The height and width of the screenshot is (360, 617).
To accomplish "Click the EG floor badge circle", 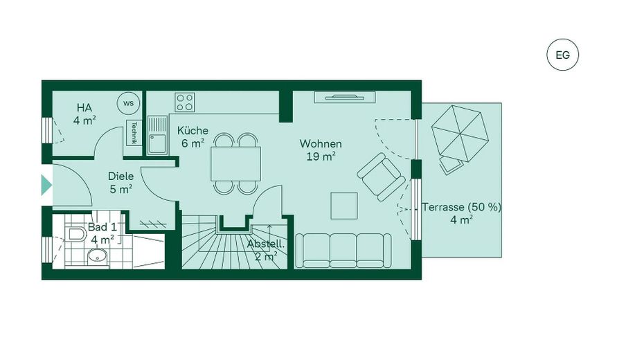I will pyautogui.click(x=562, y=55).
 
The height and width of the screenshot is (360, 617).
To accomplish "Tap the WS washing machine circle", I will pyautogui.click(x=128, y=103).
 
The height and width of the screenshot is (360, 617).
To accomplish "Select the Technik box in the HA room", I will pyautogui.click(x=133, y=132).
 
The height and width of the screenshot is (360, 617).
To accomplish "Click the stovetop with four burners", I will pyautogui.click(x=185, y=102).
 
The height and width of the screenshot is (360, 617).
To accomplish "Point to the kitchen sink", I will pyautogui.click(x=159, y=136).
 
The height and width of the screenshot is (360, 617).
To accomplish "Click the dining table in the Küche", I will pyautogui.click(x=236, y=163).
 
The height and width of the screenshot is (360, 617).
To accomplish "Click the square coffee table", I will pyautogui.click(x=344, y=205).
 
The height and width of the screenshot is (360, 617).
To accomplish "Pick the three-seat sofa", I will pyautogui.click(x=343, y=249).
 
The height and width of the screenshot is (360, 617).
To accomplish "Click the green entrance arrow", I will pyautogui.click(x=46, y=184).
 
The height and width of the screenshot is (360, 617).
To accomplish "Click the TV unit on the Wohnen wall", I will pyautogui.click(x=345, y=97).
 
